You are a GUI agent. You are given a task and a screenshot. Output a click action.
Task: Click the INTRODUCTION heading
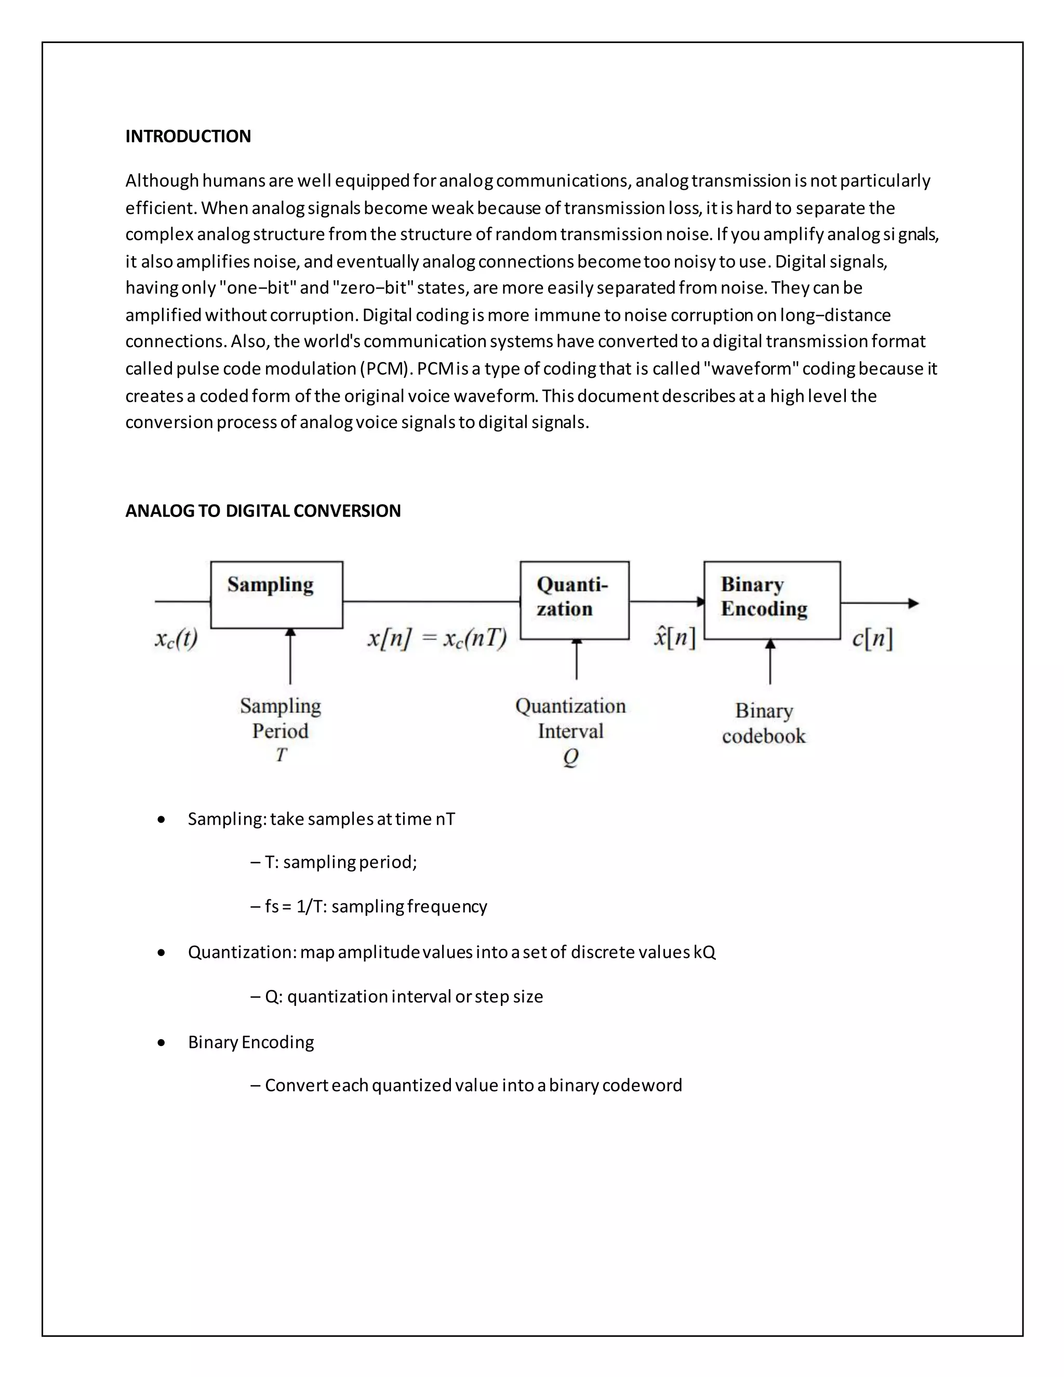point(188,136)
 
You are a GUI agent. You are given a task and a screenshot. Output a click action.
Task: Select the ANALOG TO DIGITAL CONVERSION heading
point(263,511)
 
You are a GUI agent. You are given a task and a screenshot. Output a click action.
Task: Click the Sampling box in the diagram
point(277,594)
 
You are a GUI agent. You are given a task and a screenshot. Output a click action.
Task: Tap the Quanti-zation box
point(574,600)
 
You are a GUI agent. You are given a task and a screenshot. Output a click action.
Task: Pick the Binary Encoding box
point(772,600)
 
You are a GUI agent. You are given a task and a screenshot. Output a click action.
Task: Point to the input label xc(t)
point(177,639)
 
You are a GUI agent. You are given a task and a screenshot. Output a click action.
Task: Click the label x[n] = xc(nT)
point(437,639)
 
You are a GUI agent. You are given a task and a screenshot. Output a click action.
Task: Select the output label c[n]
point(872,639)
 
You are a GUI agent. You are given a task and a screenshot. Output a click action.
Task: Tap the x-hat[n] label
point(674,638)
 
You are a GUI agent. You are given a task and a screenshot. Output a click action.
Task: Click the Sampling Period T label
point(281,730)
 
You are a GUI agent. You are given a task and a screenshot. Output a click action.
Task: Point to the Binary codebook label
point(764,723)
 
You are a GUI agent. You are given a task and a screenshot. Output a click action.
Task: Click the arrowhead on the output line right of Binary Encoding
point(913,603)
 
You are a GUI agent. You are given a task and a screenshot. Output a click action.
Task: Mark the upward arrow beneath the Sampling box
point(290,656)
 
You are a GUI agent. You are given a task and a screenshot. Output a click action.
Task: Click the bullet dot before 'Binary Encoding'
point(162,1043)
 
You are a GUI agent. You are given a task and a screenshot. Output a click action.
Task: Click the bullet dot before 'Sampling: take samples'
point(162,819)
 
